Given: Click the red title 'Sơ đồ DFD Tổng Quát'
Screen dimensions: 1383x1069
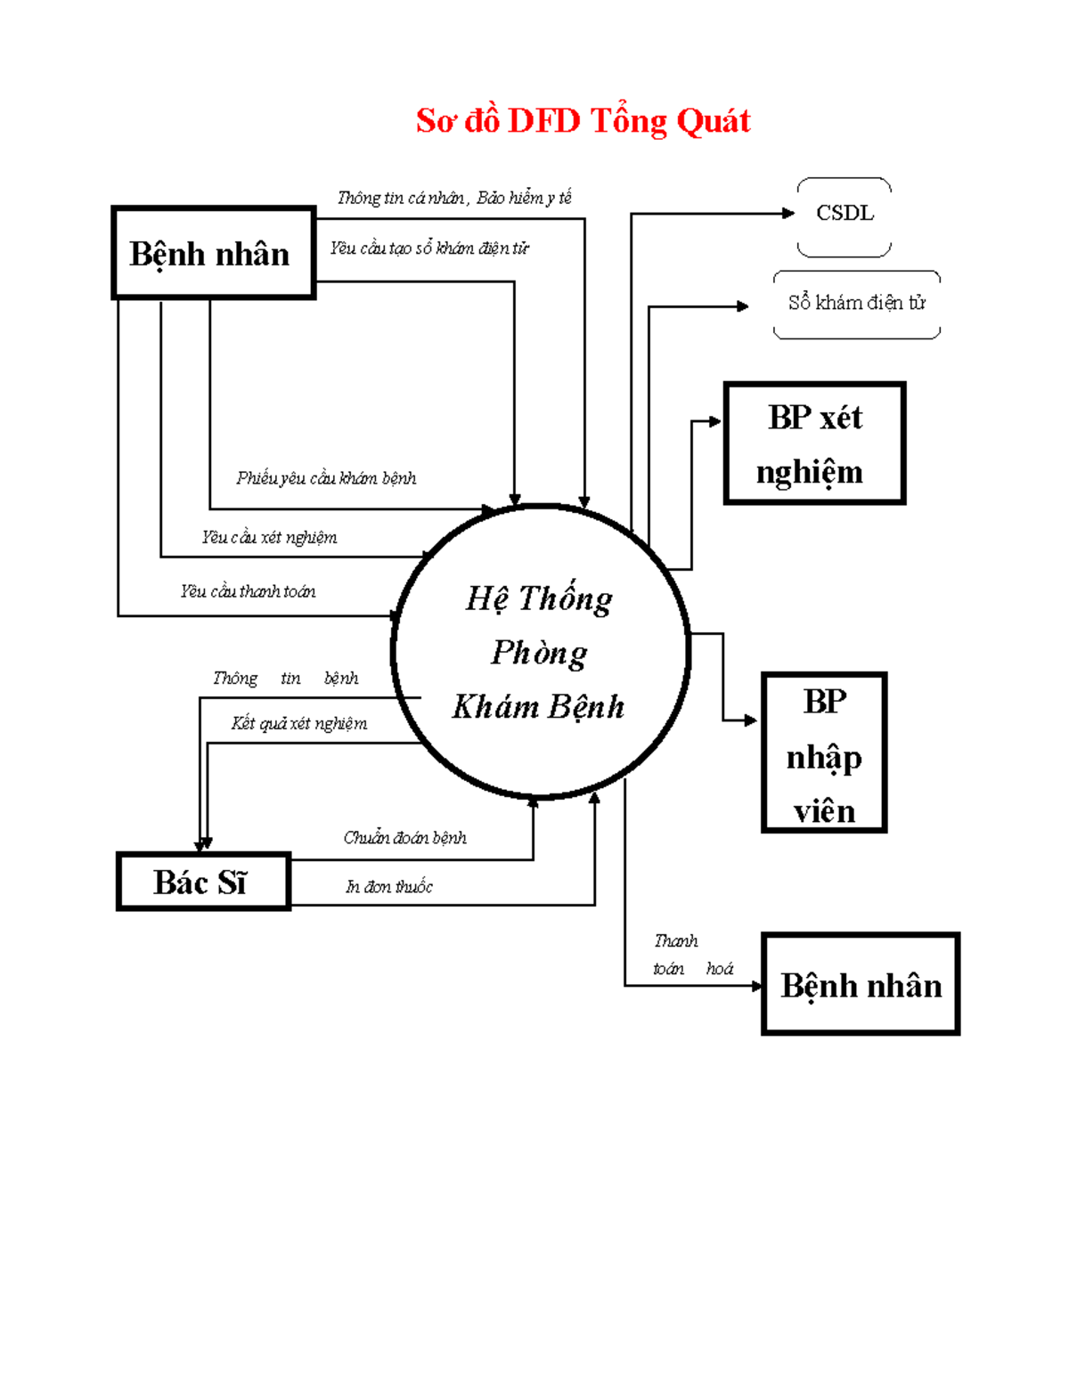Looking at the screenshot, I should point(583,121).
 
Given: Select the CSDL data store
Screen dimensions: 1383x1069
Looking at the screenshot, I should point(845,214).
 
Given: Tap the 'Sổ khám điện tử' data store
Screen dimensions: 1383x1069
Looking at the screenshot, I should point(856,304).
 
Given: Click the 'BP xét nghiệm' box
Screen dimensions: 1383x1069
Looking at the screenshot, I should point(814,443).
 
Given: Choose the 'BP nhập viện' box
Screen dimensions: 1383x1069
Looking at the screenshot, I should point(824,753).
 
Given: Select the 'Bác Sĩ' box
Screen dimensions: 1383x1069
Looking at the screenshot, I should point(203,882).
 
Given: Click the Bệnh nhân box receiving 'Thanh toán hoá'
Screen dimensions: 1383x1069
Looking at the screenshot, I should point(861,984).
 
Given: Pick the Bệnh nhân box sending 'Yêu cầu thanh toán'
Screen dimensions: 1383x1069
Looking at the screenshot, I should point(213,253).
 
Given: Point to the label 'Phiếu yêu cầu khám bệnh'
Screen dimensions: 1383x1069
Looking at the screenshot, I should point(326,478).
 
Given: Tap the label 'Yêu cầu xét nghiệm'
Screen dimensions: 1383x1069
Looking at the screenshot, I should point(269,537).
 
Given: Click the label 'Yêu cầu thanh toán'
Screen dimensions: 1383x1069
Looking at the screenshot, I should point(248,591).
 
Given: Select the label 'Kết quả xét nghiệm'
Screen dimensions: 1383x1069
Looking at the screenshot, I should point(299,723).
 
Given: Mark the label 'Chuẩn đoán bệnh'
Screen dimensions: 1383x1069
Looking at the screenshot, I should point(404,838).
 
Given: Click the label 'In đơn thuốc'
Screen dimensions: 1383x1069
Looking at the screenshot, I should point(389,887).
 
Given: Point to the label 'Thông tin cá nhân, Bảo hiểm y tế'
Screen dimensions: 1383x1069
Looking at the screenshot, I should point(454,198).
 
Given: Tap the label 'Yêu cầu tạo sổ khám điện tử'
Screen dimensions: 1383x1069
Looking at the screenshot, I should point(429,248).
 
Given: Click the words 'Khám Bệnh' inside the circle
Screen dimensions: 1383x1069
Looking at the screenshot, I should point(538,707).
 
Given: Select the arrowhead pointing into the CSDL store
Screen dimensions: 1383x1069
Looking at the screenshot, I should point(787,214).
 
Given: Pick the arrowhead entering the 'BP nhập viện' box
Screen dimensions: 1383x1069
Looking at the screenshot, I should point(751,720).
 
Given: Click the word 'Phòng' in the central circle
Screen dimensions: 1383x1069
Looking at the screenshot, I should point(539,653).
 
